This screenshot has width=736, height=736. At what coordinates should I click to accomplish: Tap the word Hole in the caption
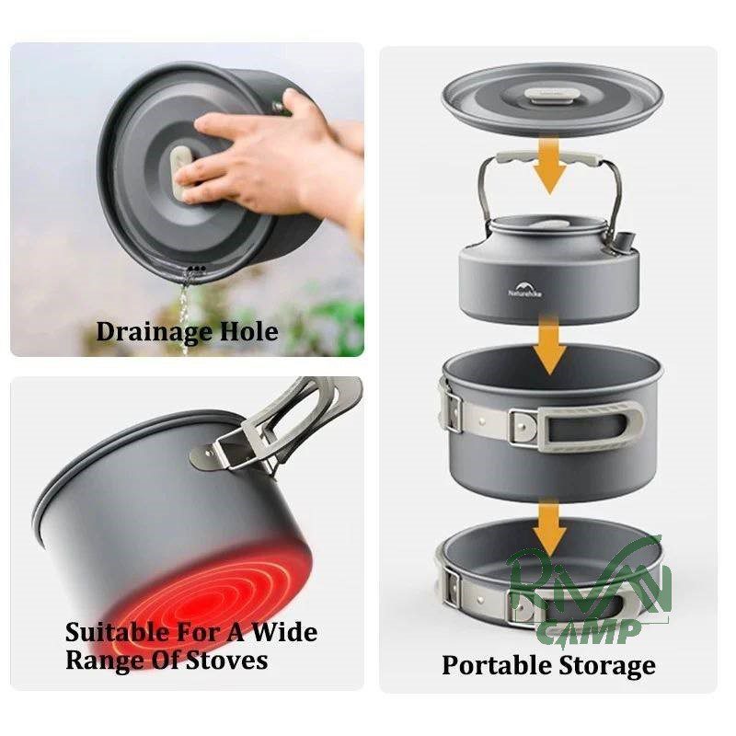tap(248, 331)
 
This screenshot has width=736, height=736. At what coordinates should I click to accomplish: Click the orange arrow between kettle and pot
tap(551, 345)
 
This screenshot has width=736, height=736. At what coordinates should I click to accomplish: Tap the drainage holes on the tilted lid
tap(197, 269)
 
